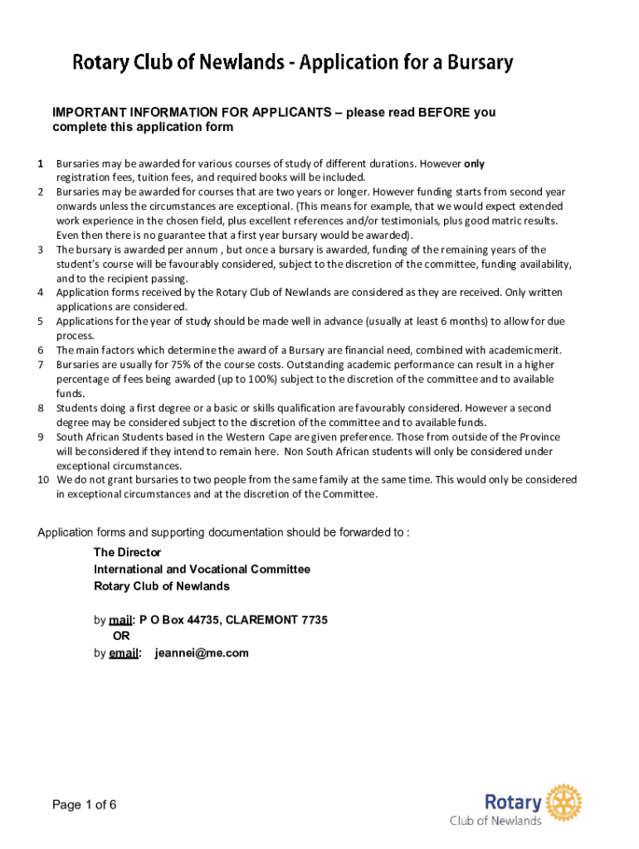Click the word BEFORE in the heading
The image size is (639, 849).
(x=446, y=113)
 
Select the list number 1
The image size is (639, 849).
(x=41, y=163)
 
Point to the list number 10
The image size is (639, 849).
(x=43, y=480)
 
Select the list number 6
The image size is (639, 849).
(x=41, y=350)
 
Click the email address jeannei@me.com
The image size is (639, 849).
(x=202, y=653)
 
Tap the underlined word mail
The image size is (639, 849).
(x=121, y=619)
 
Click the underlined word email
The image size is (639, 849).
(x=124, y=653)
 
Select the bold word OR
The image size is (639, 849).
(x=121, y=636)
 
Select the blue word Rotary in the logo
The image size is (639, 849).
(x=513, y=802)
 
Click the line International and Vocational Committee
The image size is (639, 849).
(x=202, y=570)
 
